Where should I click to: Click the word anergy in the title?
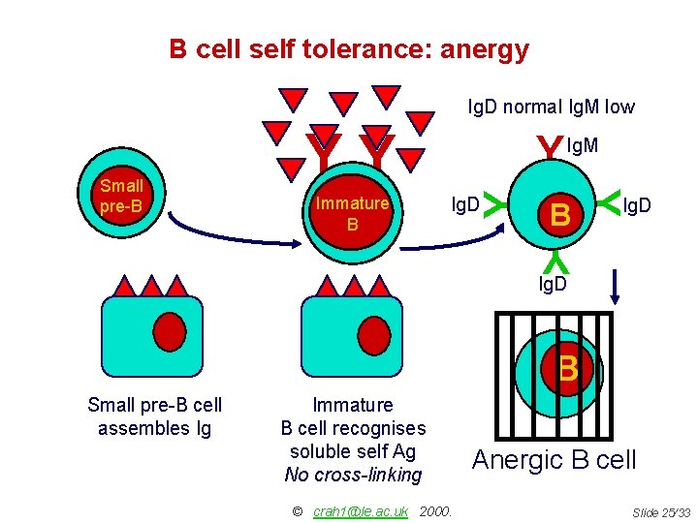tap(484, 48)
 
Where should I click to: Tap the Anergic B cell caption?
tap(554, 459)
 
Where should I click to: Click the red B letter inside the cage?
tap(568, 369)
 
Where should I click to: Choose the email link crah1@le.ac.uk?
tap(361, 511)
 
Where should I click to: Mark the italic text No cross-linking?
tap(353, 475)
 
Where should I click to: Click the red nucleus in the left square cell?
tap(171, 331)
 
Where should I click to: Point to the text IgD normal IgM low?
tap(551, 107)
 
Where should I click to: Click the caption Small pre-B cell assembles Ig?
tap(154, 416)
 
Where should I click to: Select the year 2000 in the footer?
tap(437, 511)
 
